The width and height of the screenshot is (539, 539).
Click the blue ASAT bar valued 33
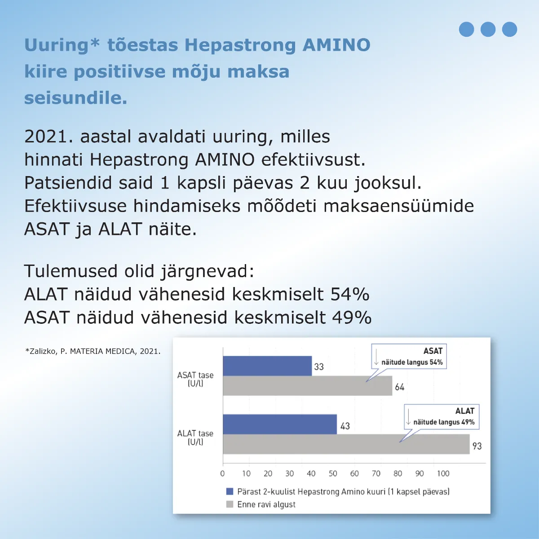click(x=267, y=366)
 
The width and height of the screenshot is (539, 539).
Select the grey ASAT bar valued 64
click(x=307, y=386)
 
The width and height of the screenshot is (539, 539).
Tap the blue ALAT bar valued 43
click(x=279, y=424)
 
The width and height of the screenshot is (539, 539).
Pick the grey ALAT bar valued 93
click(x=346, y=444)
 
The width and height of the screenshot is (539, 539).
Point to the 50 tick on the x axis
click(x=333, y=473)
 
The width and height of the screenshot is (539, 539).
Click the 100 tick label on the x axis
click(x=443, y=473)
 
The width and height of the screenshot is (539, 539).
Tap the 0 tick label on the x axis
click(x=222, y=473)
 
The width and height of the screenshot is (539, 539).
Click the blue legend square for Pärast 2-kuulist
click(x=230, y=491)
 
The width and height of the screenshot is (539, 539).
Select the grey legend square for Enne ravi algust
click(x=230, y=504)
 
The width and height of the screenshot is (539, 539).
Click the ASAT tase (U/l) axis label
click(x=195, y=379)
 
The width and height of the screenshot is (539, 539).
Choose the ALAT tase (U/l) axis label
click(x=195, y=437)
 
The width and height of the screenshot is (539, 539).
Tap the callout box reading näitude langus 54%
click(x=409, y=357)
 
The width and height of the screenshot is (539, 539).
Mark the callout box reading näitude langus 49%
click(x=442, y=417)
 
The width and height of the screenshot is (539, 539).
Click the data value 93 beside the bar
click(x=477, y=446)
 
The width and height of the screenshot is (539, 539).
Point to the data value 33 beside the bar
click(x=319, y=367)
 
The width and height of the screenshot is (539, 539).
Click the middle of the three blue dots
click(x=488, y=29)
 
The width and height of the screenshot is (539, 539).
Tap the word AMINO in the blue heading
click(x=336, y=45)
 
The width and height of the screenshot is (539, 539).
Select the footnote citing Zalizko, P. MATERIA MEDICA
click(x=93, y=351)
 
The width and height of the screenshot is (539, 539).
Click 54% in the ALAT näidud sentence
click(x=350, y=294)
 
